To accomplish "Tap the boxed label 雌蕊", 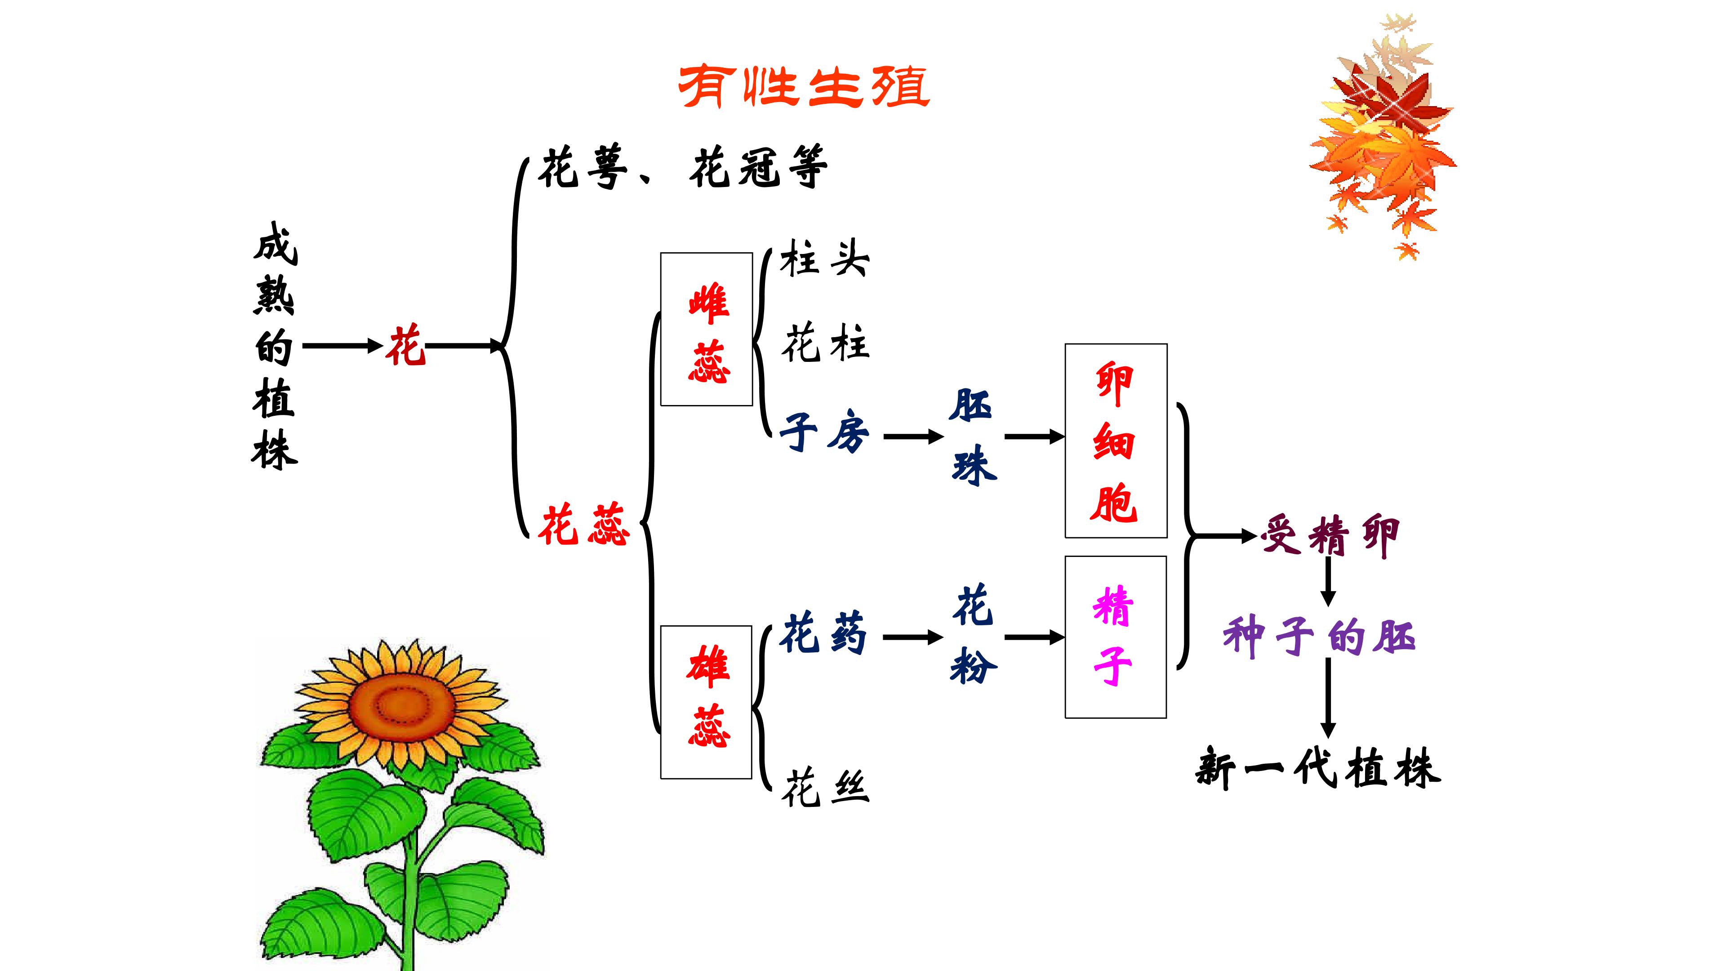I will click(x=707, y=330).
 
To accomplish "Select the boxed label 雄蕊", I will click(x=707, y=702).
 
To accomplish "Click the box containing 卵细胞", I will click(x=1116, y=441).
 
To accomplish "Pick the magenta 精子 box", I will click(x=1116, y=637).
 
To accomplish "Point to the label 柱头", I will click(x=824, y=258).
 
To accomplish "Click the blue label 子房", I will click(x=824, y=432).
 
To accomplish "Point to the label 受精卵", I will click(x=1330, y=536).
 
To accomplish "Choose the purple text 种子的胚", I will click(x=1319, y=637).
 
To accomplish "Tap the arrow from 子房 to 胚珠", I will click(x=912, y=437).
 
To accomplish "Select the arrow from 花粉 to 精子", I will click(x=1034, y=637).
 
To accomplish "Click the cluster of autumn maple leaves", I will click(x=1383, y=134).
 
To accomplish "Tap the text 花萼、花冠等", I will click(x=683, y=168).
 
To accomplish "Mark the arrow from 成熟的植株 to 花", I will click(x=342, y=347).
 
